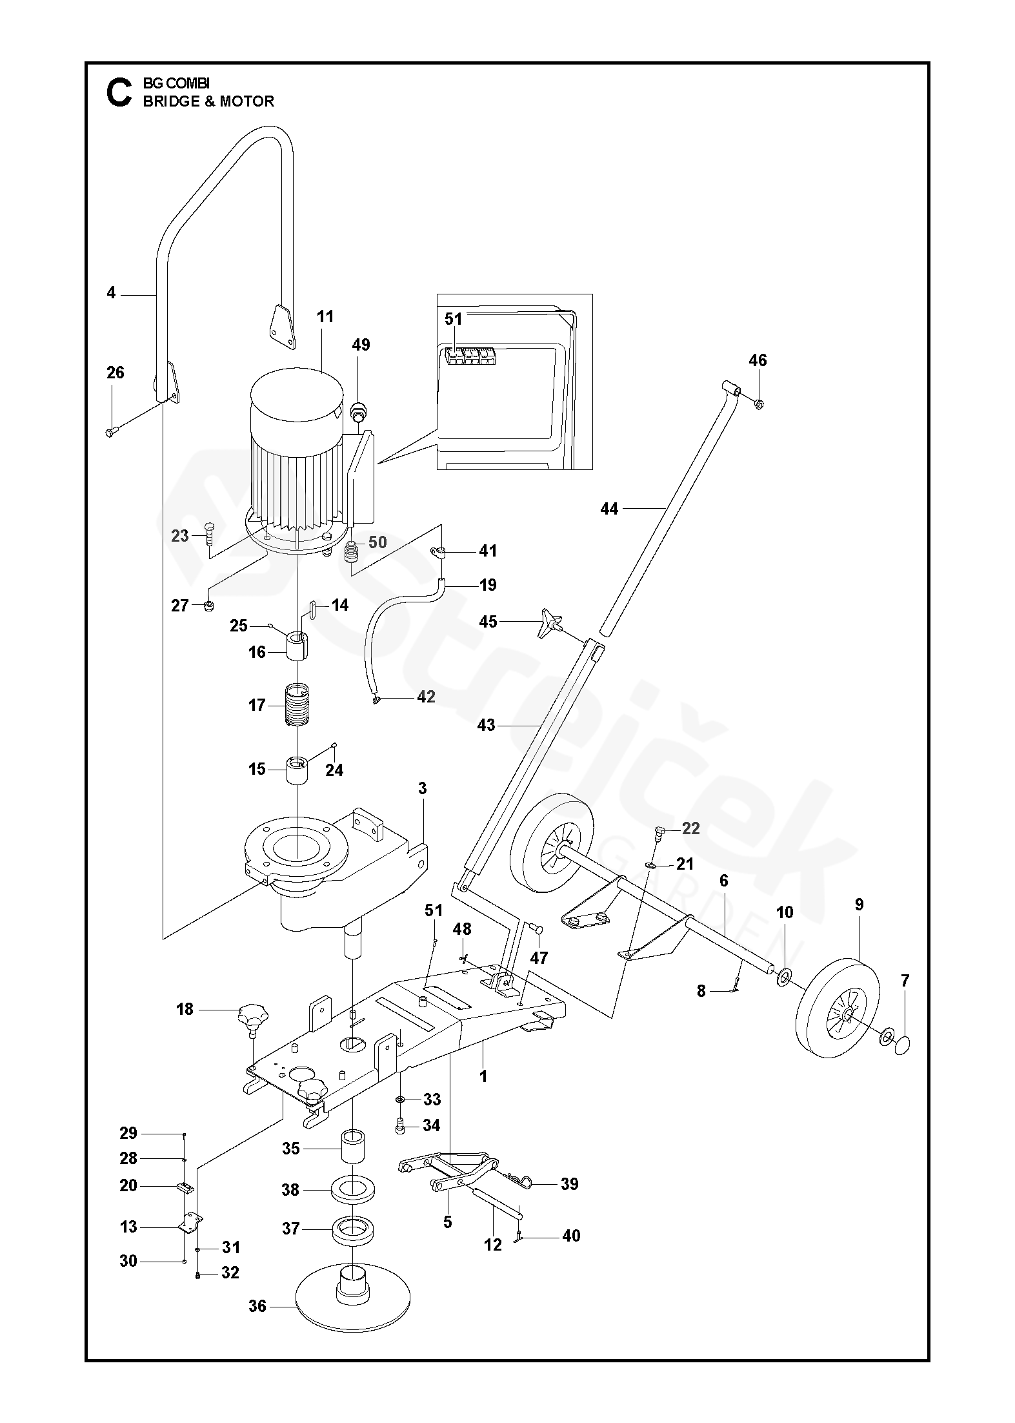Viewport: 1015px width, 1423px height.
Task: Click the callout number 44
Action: click(x=608, y=509)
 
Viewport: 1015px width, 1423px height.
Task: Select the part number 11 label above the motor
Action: click(x=325, y=316)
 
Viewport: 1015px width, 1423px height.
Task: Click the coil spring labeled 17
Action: click(x=297, y=705)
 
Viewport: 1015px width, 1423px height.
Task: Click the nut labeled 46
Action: click(x=759, y=404)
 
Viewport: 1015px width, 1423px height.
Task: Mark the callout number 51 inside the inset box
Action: click(x=454, y=319)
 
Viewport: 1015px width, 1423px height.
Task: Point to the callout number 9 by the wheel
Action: click(x=859, y=905)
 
